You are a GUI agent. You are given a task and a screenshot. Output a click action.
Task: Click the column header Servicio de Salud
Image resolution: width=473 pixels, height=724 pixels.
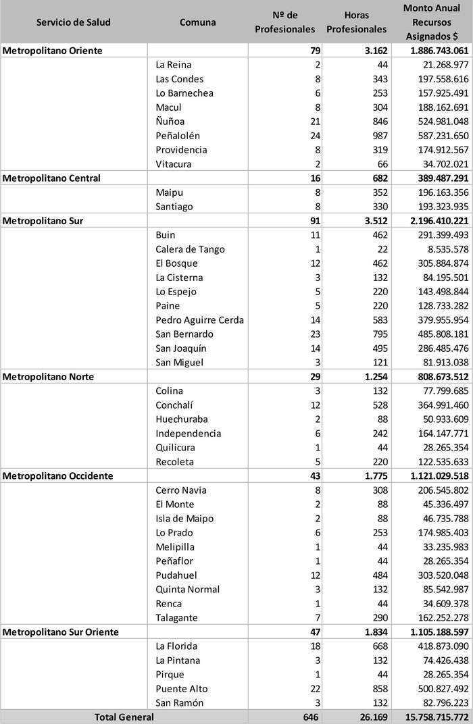[x=74, y=22]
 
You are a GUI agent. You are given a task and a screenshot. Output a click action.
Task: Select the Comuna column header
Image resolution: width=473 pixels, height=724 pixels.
[x=198, y=22]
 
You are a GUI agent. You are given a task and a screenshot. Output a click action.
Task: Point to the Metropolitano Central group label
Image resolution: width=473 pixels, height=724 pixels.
[x=52, y=178]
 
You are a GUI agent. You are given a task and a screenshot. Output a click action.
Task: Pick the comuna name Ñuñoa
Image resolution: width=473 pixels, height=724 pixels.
[x=170, y=122]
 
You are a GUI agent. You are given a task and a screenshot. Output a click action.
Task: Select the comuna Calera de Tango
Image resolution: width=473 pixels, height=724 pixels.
[x=190, y=249]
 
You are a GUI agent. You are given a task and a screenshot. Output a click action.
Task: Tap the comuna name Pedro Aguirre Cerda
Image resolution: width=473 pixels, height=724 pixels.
[x=199, y=320]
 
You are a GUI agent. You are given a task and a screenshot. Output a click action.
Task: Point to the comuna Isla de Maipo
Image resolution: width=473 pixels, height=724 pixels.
[x=184, y=518]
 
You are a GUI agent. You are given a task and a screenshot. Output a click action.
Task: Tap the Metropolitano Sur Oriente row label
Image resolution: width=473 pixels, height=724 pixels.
[x=61, y=631]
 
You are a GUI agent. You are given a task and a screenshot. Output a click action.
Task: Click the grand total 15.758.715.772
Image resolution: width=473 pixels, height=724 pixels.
[x=430, y=717]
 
